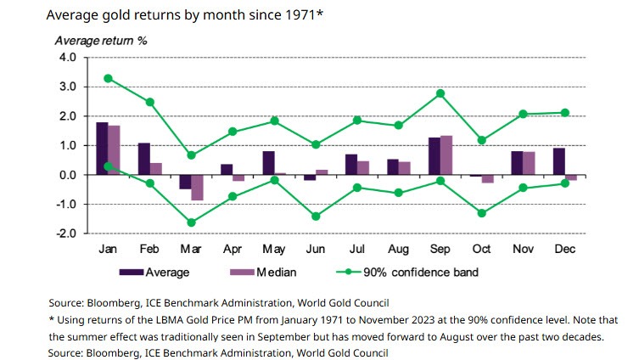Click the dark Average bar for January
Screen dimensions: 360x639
(102, 149)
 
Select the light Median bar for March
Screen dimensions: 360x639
(197, 188)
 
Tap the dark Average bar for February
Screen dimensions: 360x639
(144, 159)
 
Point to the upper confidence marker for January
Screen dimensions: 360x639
(108, 78)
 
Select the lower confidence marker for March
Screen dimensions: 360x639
(191, 222)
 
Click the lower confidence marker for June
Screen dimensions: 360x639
(316, 217)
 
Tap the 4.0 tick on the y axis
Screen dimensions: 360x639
(66, 58)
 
